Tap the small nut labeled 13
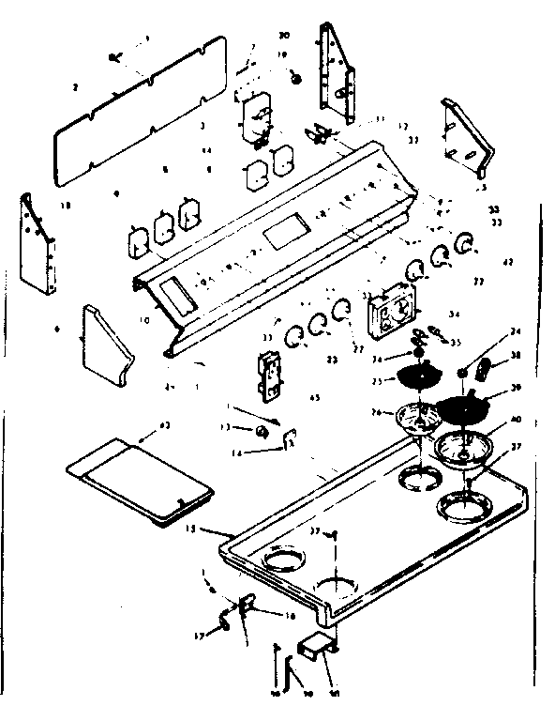[262, 430]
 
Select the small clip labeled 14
[291, 437]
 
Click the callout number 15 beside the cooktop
[192, 530]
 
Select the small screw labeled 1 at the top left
[115, 57]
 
